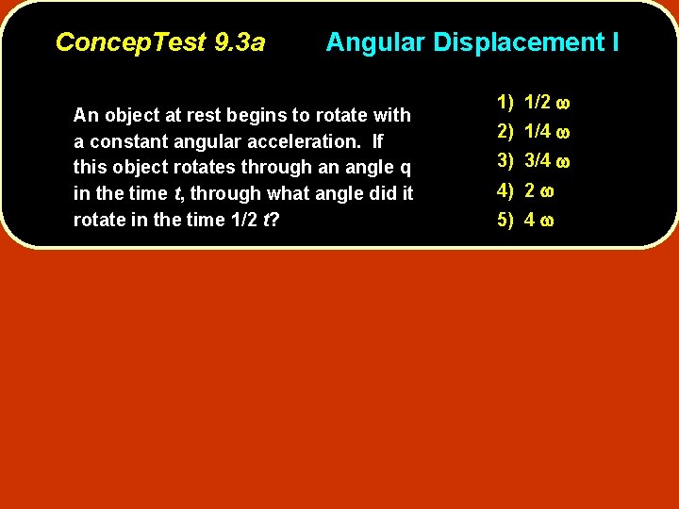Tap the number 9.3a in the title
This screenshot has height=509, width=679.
(240, 42)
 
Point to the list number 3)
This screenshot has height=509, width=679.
(505, 160)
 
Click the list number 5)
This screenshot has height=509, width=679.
(505, 221)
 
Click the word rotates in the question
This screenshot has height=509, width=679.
(210, 168)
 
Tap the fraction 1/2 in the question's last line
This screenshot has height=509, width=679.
(244, 221)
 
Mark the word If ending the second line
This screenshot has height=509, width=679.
(378, 142)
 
